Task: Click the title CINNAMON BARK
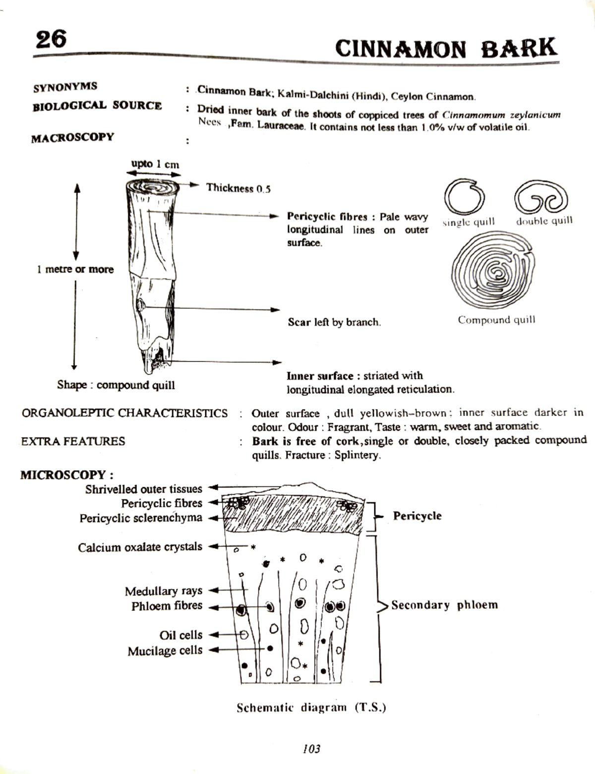tap(446, 49)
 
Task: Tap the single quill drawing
tap(465, 197)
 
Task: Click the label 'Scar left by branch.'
tap(334, 322)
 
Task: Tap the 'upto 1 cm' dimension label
tap(155, 164)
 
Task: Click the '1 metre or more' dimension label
tap(75, 270)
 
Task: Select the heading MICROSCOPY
tap(66, 475)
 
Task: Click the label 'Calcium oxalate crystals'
tap(140, 547)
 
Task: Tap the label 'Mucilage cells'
tap(165, 651)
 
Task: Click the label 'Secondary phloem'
tap(444, 605)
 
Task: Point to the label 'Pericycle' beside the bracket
tap(417, 516)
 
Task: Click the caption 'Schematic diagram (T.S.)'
tap(311, 708)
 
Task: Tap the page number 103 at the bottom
tap(311, 749)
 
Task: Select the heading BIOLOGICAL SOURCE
tap(97, 106)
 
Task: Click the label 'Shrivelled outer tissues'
tap(143, 489)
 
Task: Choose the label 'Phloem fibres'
tap(167, 606)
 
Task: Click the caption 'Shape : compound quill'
tap(116, 385)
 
